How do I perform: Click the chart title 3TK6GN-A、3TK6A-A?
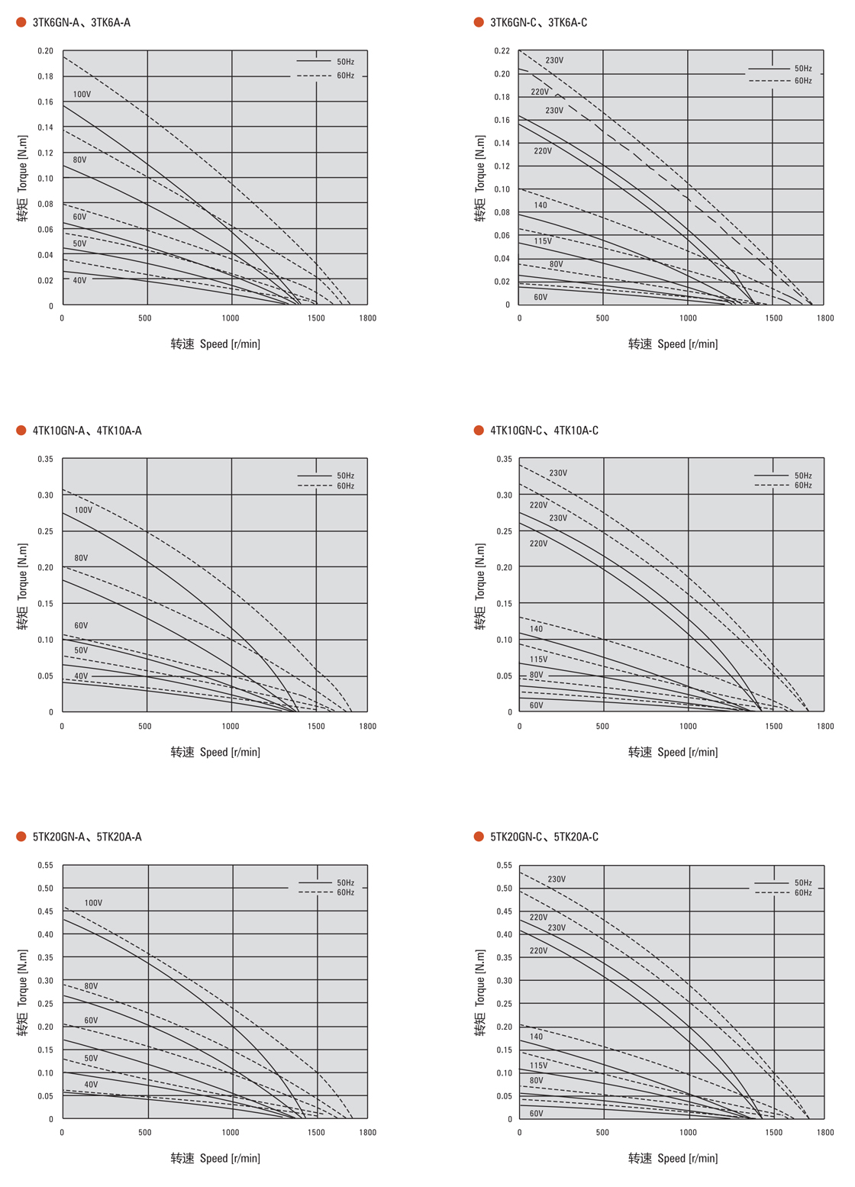tap(81, 22)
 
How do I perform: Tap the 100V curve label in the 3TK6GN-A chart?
tap(82, 95)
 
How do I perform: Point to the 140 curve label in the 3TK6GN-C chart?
tap(540, 205)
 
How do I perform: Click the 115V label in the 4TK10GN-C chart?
tap(538, 659)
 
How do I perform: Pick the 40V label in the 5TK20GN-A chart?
tap(91, 1084)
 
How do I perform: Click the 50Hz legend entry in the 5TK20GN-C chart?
tap(802, 882)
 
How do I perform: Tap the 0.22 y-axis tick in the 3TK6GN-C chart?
tap(502, 51)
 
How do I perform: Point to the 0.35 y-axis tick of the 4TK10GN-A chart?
tap(45, 460)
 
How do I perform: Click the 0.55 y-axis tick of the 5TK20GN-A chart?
tap(45, 866)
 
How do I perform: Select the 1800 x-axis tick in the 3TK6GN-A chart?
tap(367, 318)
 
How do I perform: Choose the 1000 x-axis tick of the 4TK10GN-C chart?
tap(688, 726)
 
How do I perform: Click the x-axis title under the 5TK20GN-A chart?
tap(215, 1158)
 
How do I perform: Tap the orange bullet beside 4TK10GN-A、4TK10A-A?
tap(21, 431)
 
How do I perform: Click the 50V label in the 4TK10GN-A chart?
tap(81, 650)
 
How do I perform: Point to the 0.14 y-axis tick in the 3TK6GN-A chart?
tap(45, 127)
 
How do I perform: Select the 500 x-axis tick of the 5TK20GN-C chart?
tap(602, 1133)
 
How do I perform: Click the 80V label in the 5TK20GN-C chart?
tap(536, 1080)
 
